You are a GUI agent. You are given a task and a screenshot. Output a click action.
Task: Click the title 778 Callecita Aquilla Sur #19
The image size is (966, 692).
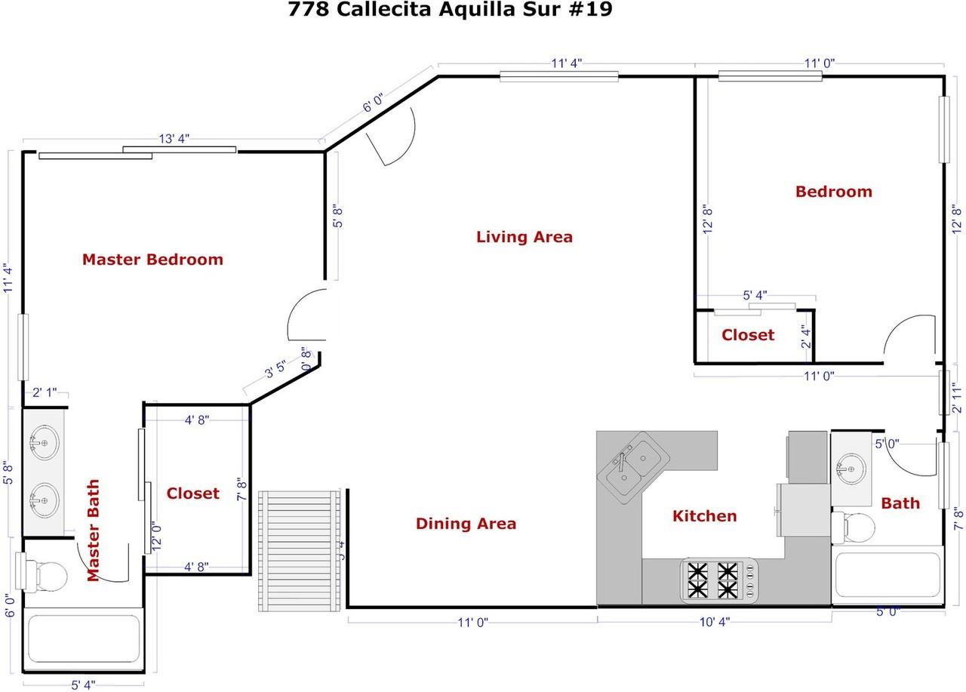pyautogui.click(x=451, y=11)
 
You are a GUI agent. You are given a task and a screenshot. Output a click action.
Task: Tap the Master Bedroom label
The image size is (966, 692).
pyautogui.click(x=152, y=260)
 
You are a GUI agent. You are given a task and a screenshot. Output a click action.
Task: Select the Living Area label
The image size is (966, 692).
pyautogui.click(x=524, y=237)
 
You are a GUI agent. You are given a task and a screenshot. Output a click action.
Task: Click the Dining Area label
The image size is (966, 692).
pyautogui.click(x=466, y=524)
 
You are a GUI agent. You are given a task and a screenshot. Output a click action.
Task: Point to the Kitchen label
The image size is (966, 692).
pyautogui.click(x=704, y=516)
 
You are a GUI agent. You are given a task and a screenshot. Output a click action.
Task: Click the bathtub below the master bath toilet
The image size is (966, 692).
pyautogui.click(x=83, y=643)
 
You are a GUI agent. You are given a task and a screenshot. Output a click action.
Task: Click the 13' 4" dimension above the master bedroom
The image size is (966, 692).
pyautogui.click(x=174, y=139)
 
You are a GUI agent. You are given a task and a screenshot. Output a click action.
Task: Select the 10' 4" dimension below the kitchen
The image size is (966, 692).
pyautogui.click(x=714, y=622)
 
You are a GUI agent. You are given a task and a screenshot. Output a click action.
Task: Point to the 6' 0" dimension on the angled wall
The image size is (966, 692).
pyautogui.click(x=374, y=103)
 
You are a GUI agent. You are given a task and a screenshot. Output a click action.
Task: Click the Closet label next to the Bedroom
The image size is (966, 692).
pyautogui.click(x=747, y=335)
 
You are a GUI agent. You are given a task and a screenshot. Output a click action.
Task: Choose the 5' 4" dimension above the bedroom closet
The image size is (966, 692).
pyautogui.click(x=755, y=296)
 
